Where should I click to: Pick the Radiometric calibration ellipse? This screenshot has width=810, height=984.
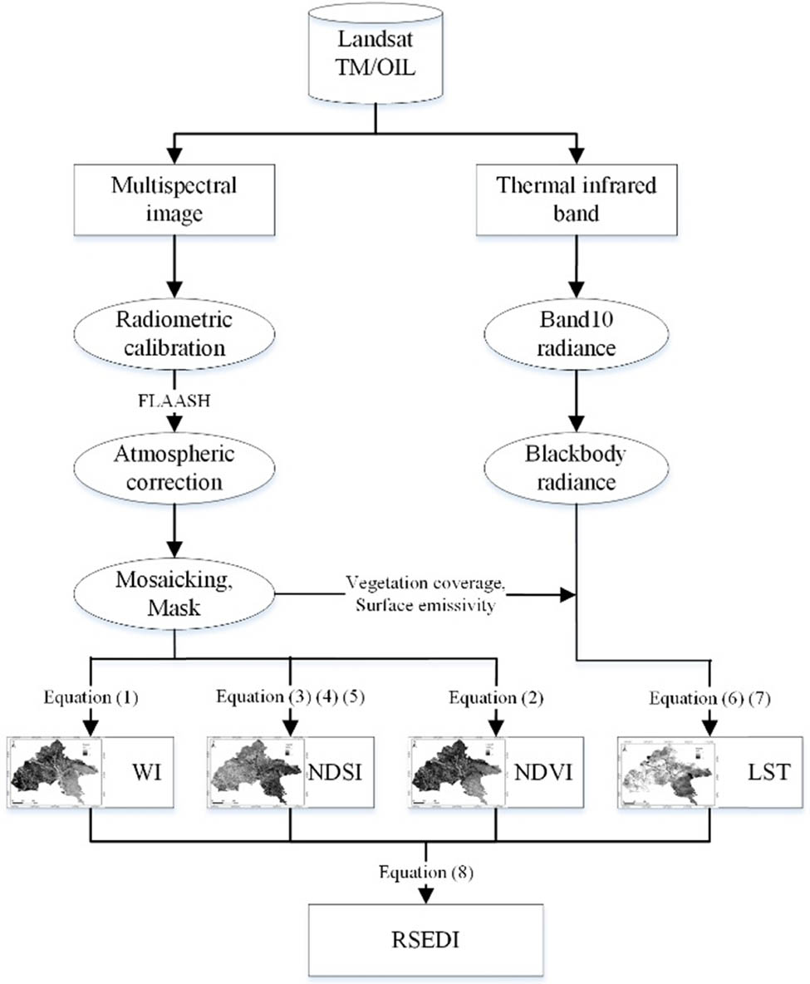coord(174,336)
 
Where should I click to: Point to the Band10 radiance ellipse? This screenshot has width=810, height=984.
coord(576,336)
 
